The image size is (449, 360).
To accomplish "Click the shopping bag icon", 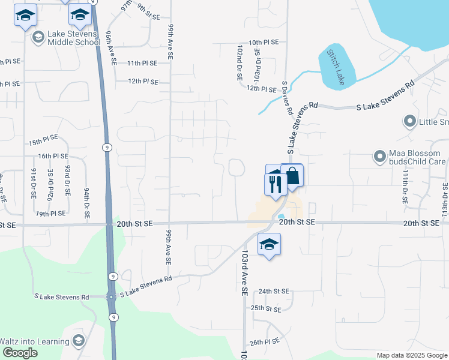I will [x=292, y=176].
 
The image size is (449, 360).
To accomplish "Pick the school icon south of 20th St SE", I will [x=270, y=244].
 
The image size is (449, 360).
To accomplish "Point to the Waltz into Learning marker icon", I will [x=77, y=341].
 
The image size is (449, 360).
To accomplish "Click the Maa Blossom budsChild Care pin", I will [x=379, y=157].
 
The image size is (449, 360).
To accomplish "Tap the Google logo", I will [x=20, y=353].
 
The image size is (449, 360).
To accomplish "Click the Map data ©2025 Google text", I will [x=411, y=355].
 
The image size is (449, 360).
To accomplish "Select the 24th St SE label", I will [x=274, y=292].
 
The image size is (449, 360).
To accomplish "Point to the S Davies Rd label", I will [x=286, y=99].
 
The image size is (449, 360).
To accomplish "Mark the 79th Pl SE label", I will [x=50, y=214].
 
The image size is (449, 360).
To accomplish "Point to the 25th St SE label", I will [x=266, y=308].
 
